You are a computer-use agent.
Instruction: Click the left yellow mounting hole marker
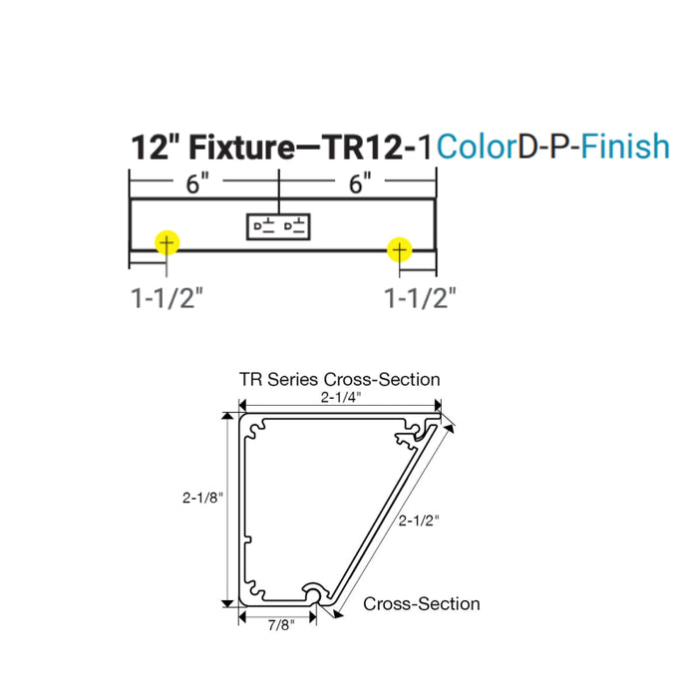coord(166,242)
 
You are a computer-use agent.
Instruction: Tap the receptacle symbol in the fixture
coord(281,226)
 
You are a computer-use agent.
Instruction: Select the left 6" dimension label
coord(196,182)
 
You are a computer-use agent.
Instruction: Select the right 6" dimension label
coord(360,182)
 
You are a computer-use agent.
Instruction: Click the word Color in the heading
coord(474,147)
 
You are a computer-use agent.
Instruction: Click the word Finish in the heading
coord(625,147)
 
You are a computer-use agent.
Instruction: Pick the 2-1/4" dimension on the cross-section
coord(341,397)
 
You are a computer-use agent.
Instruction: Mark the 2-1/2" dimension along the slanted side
coord(419,520)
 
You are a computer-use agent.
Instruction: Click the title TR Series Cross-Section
coord(339,379)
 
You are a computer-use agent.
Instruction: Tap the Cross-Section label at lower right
coord(421,603)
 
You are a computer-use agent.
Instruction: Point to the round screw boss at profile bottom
coord(315,595)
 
